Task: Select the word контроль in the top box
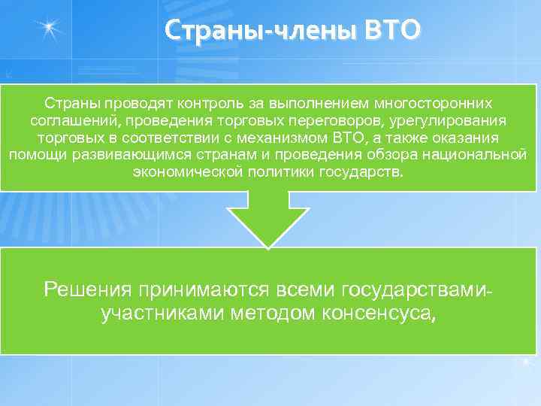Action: pos(198,101)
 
